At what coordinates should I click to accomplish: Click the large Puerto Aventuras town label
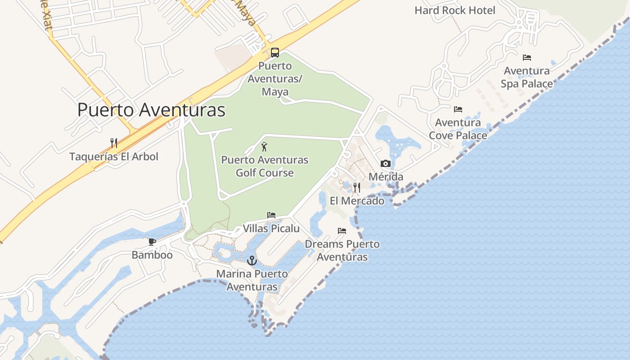(x=151, y=110)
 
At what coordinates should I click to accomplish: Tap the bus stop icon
(x=275, y=52)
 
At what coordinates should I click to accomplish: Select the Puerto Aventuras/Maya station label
(x=275, y=79)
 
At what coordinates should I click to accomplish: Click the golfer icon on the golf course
(x=264, y=147)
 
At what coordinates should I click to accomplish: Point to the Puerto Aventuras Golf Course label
(x=265, y=166)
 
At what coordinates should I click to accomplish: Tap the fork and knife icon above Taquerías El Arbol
(x=114, y=143)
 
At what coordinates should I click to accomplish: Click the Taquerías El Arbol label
(x=114, y=157)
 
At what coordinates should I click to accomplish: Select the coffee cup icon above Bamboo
(x=152, y=242)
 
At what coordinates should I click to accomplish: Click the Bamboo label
(x=152, y=255)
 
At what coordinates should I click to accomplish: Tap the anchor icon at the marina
(x=252, y=260)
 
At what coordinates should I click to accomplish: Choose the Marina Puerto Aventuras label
(x=252, y=280)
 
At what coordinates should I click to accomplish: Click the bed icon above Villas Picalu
(x=271, y=215)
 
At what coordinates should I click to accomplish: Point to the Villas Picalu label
(x=271, y=229)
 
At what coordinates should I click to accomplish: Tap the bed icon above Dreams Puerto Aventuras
(x=342, y=231)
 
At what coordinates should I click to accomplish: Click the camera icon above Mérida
(x=386, y=163)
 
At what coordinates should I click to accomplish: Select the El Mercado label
(x=357, y=201)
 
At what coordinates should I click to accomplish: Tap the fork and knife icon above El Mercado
(x=357, y=187)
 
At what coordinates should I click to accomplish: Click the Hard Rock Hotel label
(x=455, y=10)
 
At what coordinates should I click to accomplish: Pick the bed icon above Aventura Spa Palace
(x=527, y=58)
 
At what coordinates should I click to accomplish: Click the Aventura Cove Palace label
(x=458, y=129)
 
